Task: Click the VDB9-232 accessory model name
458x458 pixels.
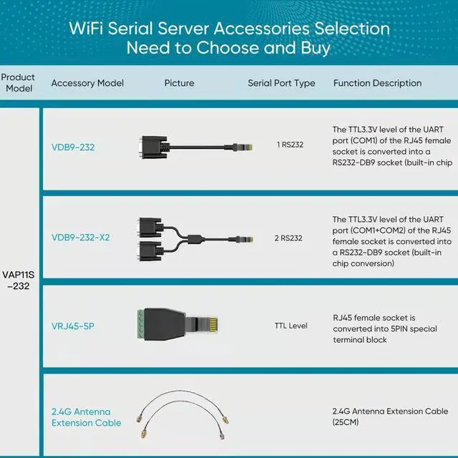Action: [x=73, y=147]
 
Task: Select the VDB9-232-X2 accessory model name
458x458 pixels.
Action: [x=80, y=238]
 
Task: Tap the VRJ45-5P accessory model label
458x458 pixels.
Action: [x=73, y=326]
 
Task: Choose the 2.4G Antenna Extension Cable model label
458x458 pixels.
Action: [x=86, y=417]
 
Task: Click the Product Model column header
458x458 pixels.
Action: [x=18, y=82]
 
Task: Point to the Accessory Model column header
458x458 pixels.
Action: [x=87, y=83]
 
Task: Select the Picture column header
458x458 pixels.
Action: [x=179, y=83]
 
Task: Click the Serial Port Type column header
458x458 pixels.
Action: [x=281, y=83]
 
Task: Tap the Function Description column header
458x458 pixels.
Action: [x=377, y=83]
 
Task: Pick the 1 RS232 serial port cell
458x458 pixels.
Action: [x=290, y=145]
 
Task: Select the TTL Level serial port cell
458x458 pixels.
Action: [x=291, y=326]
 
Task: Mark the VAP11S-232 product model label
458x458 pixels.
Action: [x=19, y=280]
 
